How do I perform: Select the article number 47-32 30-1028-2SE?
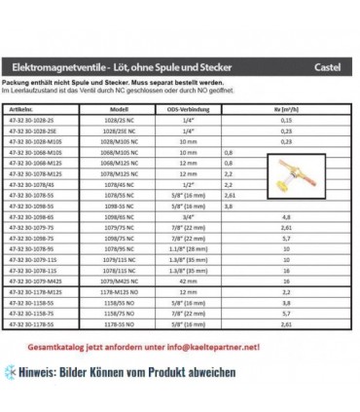(x=40, y=131)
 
